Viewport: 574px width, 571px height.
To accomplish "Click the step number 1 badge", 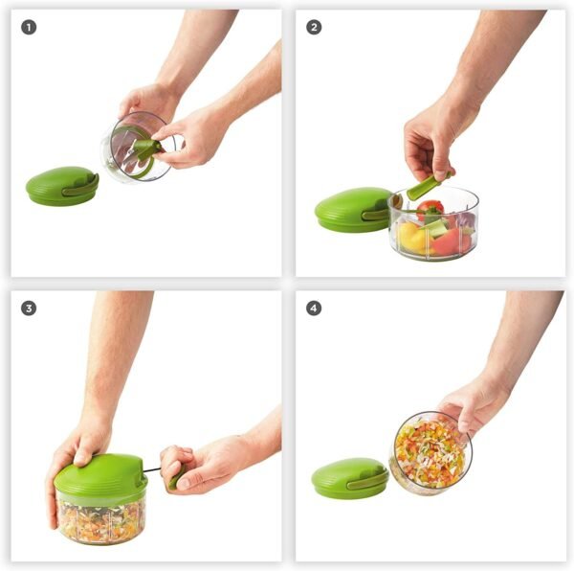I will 29,27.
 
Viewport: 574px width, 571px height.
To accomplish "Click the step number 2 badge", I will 314,27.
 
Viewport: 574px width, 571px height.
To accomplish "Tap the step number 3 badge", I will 29,308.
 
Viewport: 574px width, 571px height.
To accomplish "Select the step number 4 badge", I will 314,308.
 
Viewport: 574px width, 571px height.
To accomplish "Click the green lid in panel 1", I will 61,186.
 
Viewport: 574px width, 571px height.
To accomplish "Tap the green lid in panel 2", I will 351,209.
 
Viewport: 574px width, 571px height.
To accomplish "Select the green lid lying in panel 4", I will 349,478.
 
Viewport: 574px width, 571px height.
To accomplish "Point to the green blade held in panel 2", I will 427,186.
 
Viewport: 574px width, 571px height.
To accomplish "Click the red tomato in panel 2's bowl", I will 430,209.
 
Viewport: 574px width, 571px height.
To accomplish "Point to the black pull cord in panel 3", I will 153,469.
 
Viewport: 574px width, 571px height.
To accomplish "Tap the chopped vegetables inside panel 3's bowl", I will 100,519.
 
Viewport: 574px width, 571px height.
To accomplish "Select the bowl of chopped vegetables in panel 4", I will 430,452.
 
